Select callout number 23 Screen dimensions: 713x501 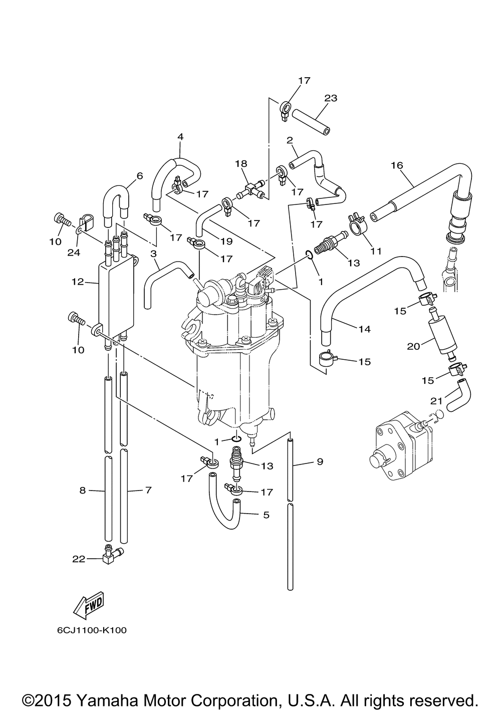pyautogui.click(x=331, y=98)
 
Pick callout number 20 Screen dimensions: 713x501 pyautogui.click(x=413, y=346)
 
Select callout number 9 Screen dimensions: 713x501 pyautogui.click(x=320, y=461)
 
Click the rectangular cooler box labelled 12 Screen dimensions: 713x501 pyautogui.click(x=118, y=296)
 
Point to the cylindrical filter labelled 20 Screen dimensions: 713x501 pyautogui.click(x=441, y=333)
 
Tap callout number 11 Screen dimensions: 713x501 pyautogui.click(x=376, y=251)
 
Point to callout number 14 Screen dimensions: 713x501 pyautogui.click(x=364, y=329)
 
